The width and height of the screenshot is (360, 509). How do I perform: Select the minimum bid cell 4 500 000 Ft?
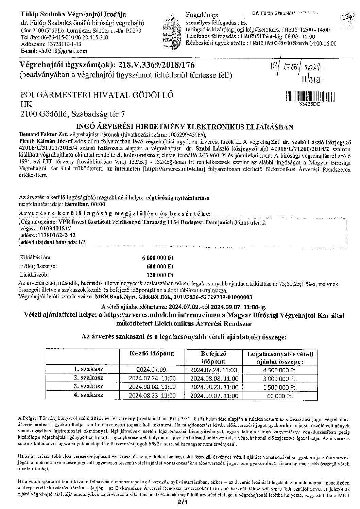[280, 370]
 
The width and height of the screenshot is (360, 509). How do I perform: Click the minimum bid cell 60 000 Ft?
[280, 396]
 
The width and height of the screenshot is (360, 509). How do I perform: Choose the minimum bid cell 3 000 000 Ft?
[280, 379]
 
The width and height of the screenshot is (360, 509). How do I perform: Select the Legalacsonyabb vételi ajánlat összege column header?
[280, 358]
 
